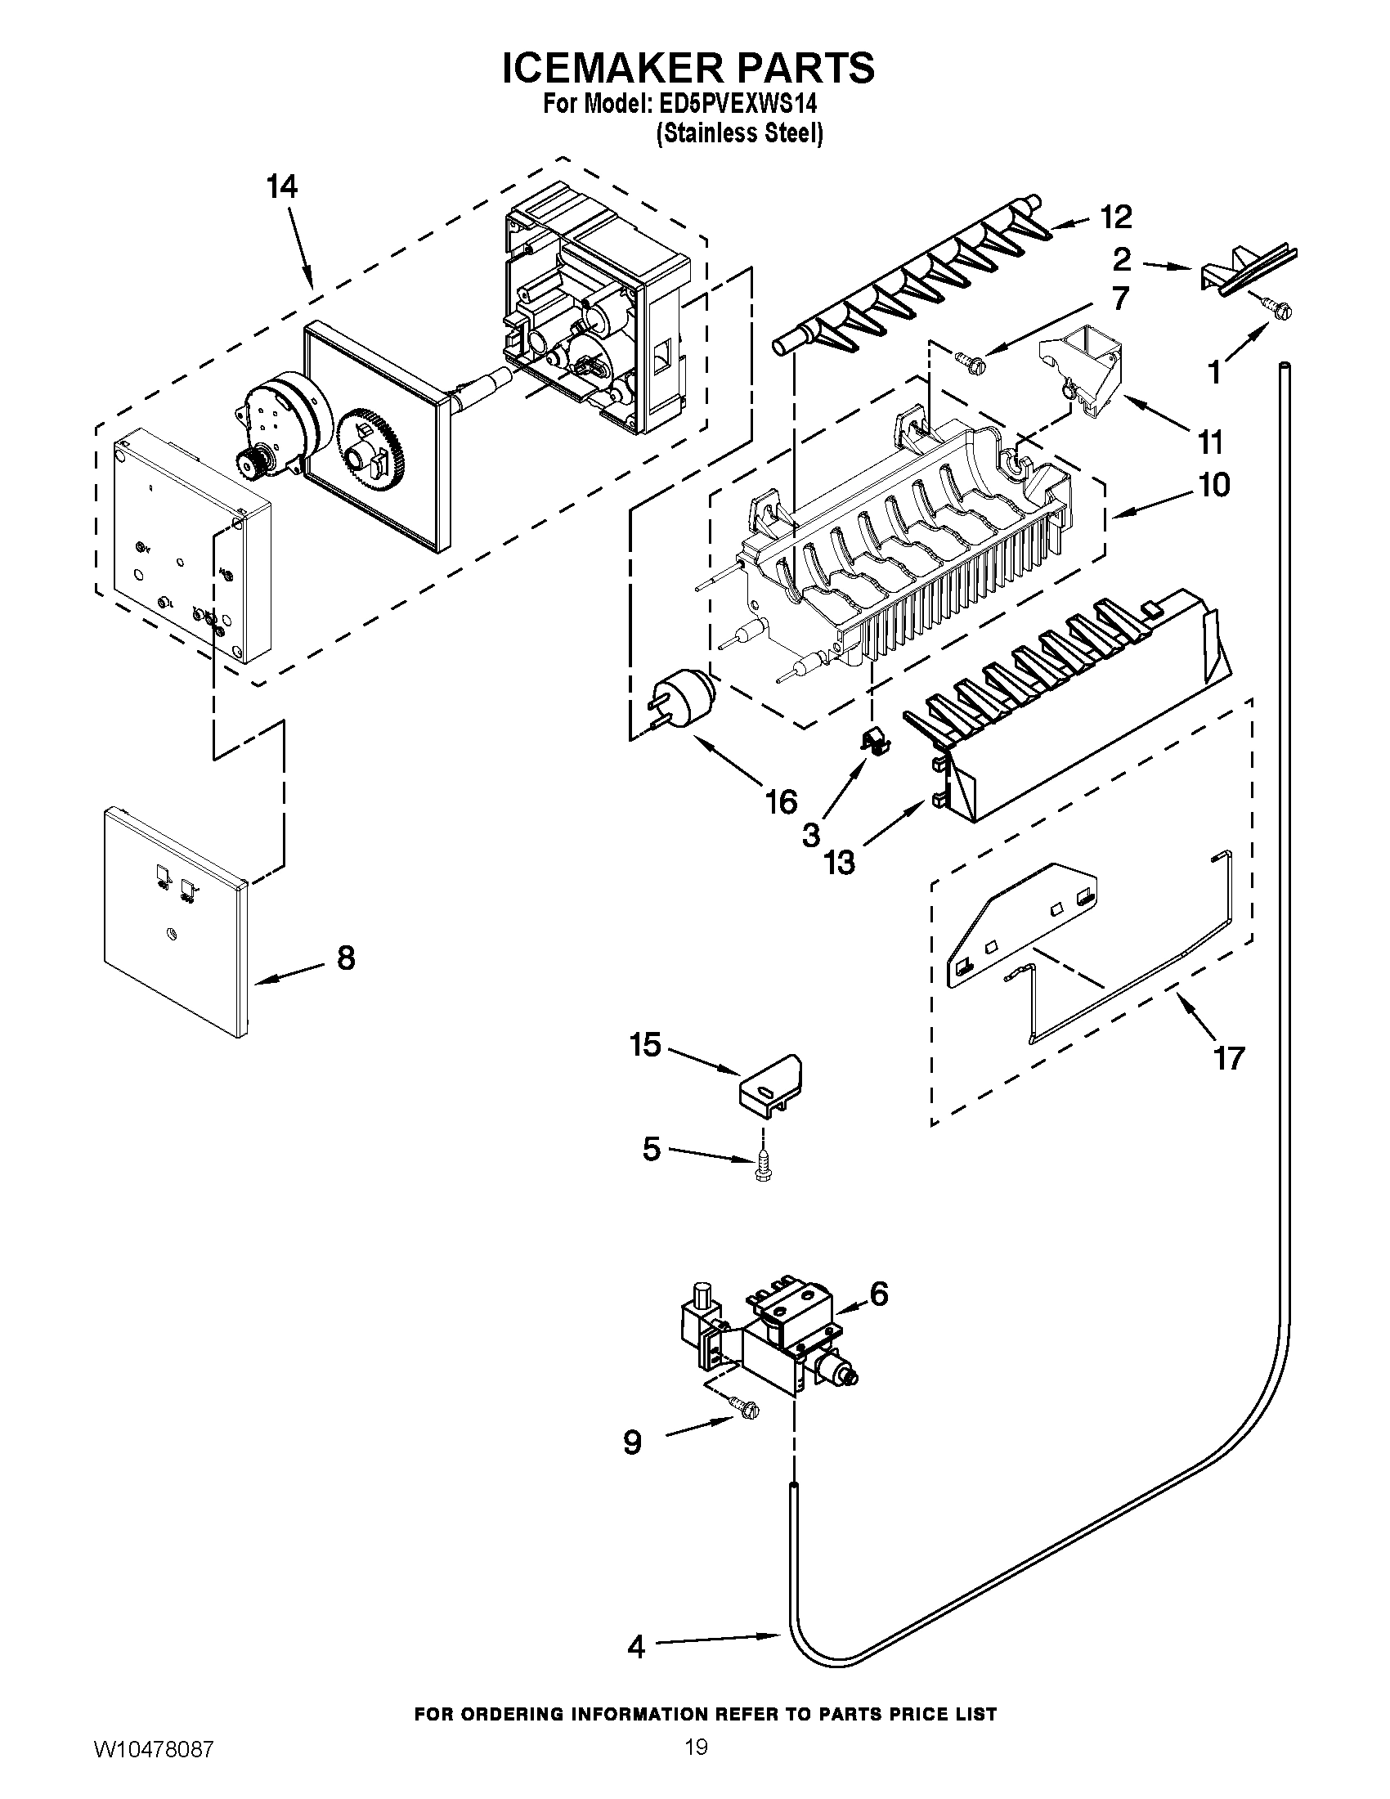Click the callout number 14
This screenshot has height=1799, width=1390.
coord(281,188)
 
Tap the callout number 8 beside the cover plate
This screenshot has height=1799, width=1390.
coord(346,958)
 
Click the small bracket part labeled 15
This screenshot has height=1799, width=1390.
coord(771,1084)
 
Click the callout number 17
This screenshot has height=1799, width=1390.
coord(1229,1057)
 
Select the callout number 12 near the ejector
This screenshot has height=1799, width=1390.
coord(1116,217)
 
